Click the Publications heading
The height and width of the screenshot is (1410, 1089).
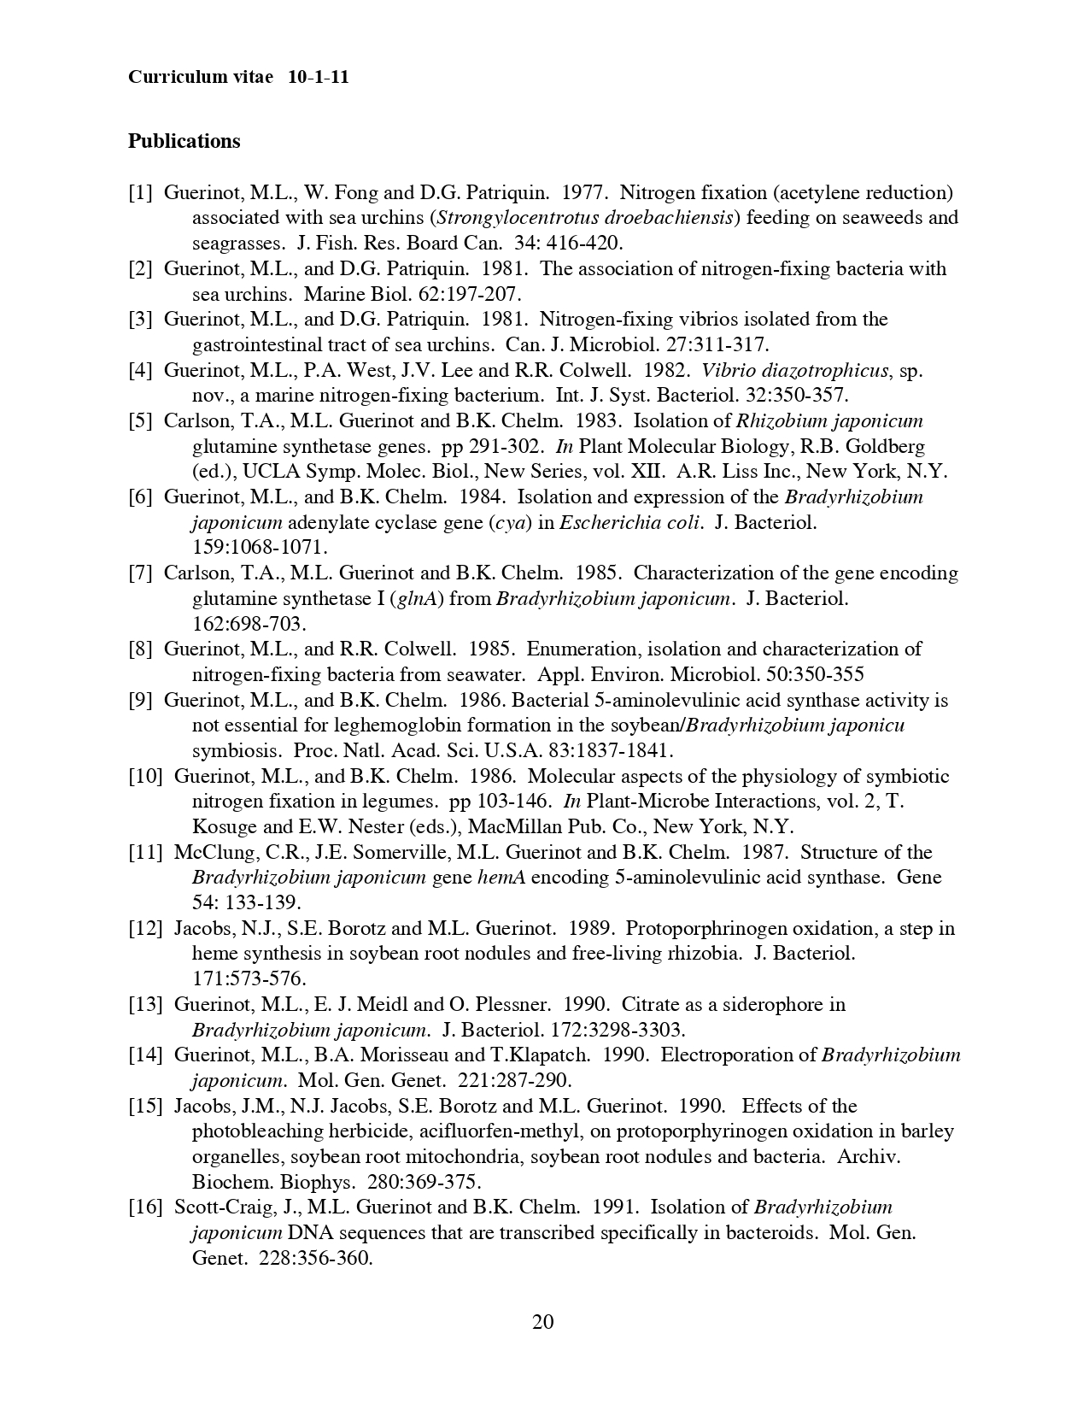[184, 141]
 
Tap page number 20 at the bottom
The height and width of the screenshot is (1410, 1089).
[543, 1322]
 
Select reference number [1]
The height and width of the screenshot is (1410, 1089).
[141, 192]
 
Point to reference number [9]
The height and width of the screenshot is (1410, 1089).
[141, 700]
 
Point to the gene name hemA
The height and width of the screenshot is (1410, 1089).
[501, 878]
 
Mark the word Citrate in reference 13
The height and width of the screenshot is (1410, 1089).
[651, 1004]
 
